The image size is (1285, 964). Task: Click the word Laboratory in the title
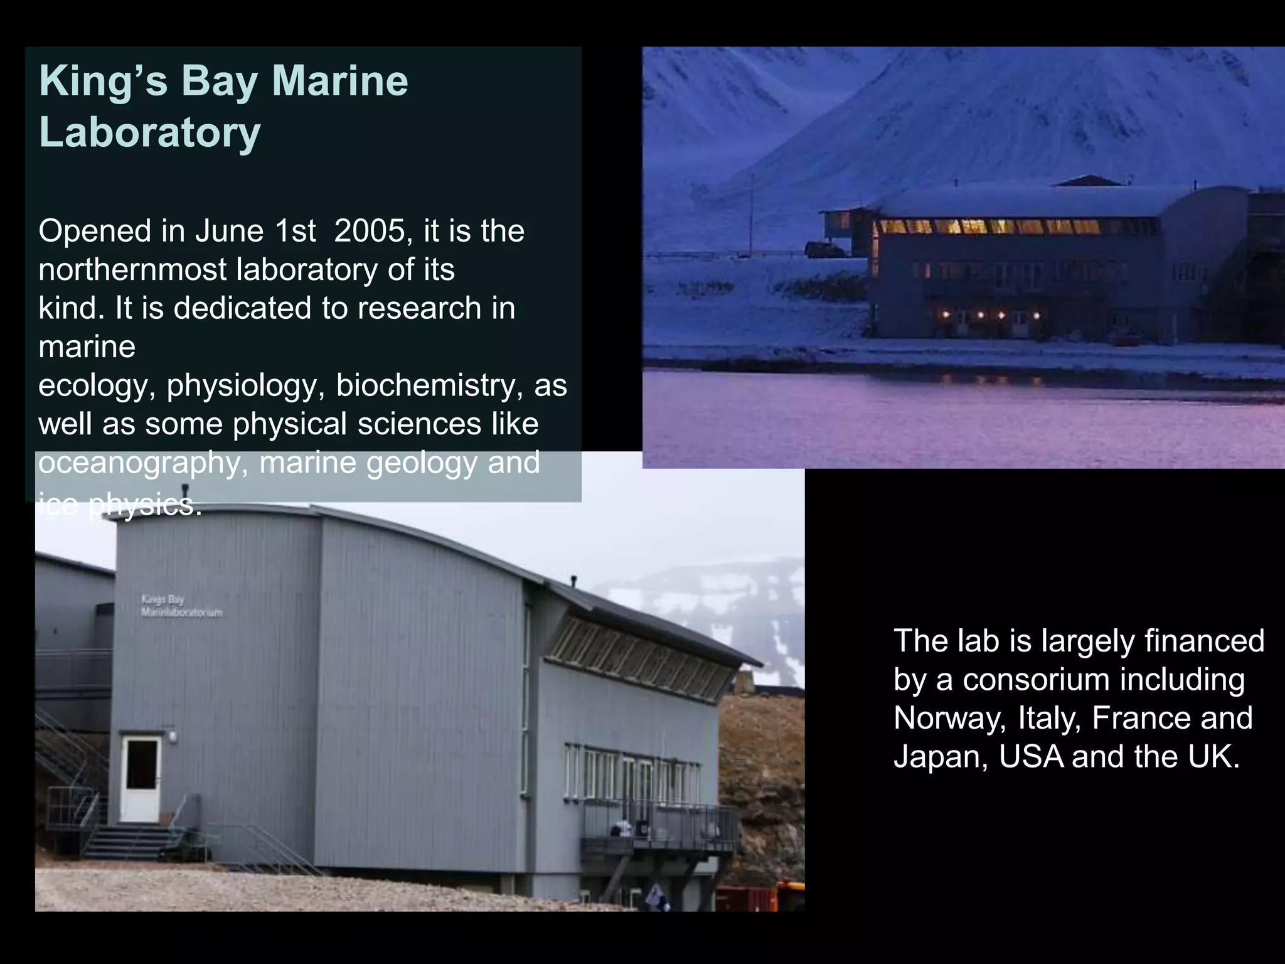click(x=149, y=132)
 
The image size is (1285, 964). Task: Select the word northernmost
click(x=132, y=270)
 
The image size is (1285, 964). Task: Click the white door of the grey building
click(x=141, y=779)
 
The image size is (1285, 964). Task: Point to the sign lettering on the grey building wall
click(x=181, y=606)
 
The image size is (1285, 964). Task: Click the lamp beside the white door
click(x=171, y=735)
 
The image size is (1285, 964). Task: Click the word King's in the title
click(x=104, y=82)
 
